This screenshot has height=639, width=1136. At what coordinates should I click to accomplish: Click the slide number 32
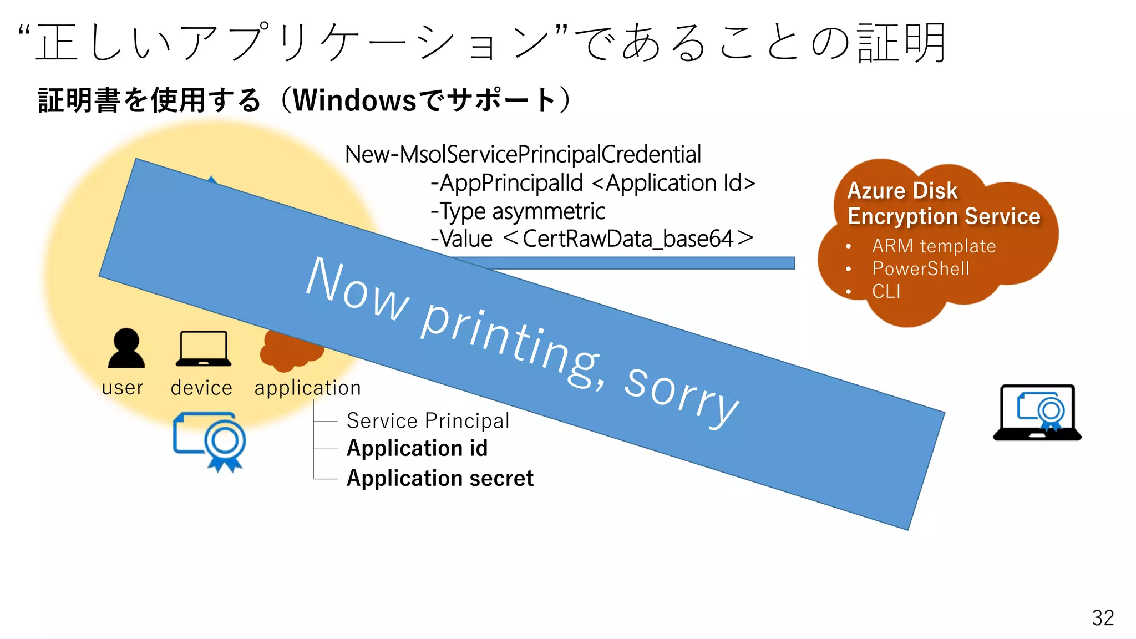click(1102, 617)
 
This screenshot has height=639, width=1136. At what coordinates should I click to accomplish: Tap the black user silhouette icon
click(126, 348)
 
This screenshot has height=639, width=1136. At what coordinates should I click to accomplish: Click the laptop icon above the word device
click(203, 348)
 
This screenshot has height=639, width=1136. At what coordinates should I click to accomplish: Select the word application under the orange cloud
click(307, 388)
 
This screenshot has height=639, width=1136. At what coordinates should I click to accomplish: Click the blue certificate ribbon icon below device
click(211, 440)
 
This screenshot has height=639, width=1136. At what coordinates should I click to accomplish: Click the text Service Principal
click(428, 420)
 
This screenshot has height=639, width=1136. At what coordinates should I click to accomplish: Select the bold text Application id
click(417, 448)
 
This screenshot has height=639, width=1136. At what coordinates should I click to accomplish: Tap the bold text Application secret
click(440, 478)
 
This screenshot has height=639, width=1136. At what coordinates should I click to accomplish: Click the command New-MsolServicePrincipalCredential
click(523, 154)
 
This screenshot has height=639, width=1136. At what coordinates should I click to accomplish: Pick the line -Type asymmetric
click(518, 211)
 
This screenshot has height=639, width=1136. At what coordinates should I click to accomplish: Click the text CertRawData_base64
click(628, 239)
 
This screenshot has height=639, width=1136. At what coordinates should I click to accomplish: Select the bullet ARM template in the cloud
click(934, 246)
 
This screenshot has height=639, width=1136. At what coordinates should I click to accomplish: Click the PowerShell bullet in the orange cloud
click(921, 268)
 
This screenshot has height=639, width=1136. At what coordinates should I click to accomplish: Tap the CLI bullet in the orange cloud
click(886, 291)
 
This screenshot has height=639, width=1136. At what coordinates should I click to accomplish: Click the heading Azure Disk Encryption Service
click(943, 204)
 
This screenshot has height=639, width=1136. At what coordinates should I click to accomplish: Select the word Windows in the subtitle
click(354, 100)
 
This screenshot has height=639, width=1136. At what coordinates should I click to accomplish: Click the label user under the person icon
click(123, 388)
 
